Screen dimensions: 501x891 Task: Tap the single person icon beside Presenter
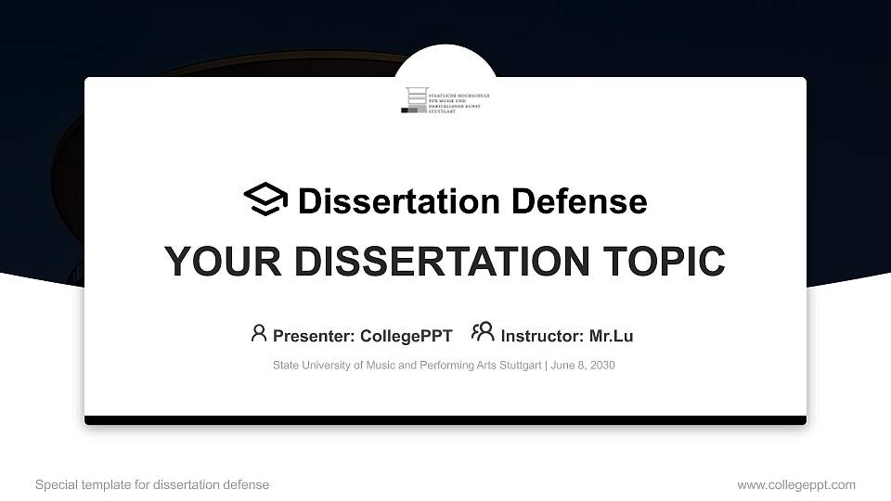click(x=259, y=333)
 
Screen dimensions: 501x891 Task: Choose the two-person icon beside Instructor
click(x=483, y=332)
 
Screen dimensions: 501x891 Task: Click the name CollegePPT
click(x=406, y=336)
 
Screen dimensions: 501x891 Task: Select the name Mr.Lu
click(x=611, y=336)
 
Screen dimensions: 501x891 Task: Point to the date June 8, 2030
click(x=583, y=366)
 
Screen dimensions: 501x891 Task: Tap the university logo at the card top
click(x=446, y=99)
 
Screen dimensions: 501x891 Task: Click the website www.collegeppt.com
click(x=796, y=484)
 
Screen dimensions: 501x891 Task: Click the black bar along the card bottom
click(x=445, y=420)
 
